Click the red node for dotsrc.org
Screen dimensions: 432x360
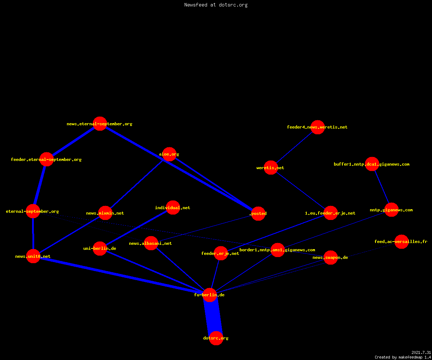tap(216, 338)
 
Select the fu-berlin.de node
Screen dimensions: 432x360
tap(210, 295)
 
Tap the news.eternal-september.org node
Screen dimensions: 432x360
tap(100, 124)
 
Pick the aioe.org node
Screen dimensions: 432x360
tap(169, 154)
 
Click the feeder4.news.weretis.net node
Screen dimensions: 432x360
tap(318, 127)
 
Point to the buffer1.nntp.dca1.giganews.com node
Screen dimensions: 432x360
tap(372, 164)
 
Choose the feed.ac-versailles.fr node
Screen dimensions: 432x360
tap(401, 242)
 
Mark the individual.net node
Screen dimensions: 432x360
tap(173, 207)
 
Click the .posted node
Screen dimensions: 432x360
tap(258, 213)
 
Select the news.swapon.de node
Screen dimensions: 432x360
tap(330, 258)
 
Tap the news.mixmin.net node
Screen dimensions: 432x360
tap(105, 213)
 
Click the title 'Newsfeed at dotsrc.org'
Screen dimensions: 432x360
tap(216, 5)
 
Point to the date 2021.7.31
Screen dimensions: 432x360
tap(421, 352)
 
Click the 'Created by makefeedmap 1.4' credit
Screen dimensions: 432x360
tap(403, 357)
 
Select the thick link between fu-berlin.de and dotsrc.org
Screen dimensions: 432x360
tap(213, 316)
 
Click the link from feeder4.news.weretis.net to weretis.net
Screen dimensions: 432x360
tap(294, 147)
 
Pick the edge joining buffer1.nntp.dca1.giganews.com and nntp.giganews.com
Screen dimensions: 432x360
tap(382, 187)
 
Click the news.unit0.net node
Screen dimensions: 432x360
tap(33, 256)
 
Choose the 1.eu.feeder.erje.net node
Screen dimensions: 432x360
tap(330, 213)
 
